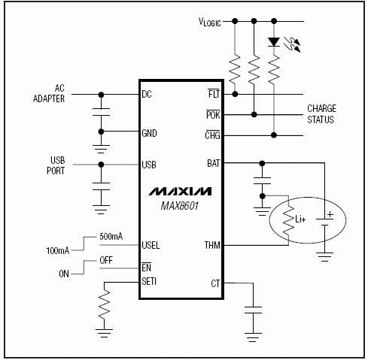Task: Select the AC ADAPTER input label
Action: click(x=49, y=94)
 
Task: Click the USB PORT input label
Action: click(x=53, y=165)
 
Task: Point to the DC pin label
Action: click(x=148, y=95)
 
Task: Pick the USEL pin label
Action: click(x=151, y=245)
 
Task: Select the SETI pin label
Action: click(x=150, y=282)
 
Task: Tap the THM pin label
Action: click(x=211, y=245)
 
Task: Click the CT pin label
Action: click(x=214, y=283)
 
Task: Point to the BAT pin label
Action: click(x=212, y=162)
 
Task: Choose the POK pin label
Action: click(x=212, y=114)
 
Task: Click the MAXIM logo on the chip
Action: click(x=180, y=191)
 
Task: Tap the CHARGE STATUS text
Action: click(x=322, y=114)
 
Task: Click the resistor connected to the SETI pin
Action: click(x=102, y=307)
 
